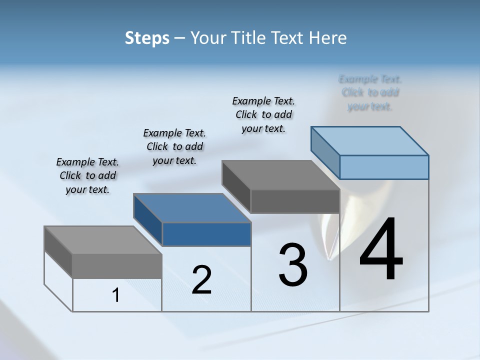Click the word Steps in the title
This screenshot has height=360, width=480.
pyautogui.click(x=147, y=38)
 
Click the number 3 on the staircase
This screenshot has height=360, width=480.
pyautogui.click(x=293, y=265)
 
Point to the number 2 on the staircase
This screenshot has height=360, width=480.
pyautogui.click(x=202, y=280)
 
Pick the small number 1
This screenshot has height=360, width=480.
pyautogui.click(x=116, y=295)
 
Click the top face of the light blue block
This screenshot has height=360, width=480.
pyautogui.click(x=370, y=140)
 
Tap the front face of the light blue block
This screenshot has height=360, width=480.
pyautogui.click(x=384, y=167)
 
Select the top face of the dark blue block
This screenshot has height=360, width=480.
pyautogui.click(x=192, y=207)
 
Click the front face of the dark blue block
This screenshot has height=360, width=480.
pyautogui.click(x=206, y=234)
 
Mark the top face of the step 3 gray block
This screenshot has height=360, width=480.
pyautogui.click(x=280, y=175)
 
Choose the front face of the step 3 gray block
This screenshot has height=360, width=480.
pyautogui.click(x=295, y=201)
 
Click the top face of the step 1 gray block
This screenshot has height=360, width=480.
pyautogui.click(x=103, y=240)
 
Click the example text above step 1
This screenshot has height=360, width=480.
pyautogui.click(x=87, y=175)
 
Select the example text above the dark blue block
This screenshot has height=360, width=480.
pyautogui.click(x=174, y=146)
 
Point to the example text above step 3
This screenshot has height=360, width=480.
pyautogui.click(x=263, y=114)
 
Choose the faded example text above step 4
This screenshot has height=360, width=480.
pyautogui.click(x=370, y=92)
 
